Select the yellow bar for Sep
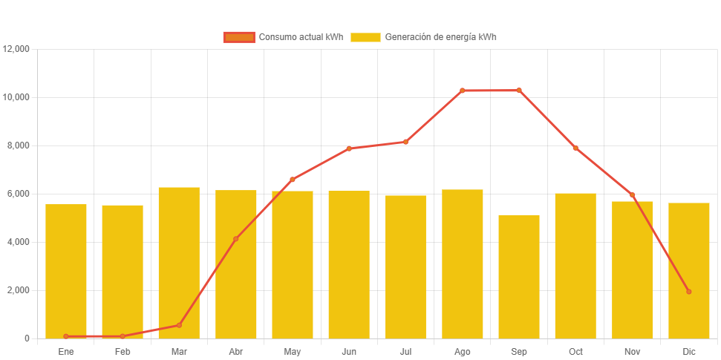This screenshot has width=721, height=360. pos(519,276)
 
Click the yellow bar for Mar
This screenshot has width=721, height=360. pos(179,263)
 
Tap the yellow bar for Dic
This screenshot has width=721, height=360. pos(689,270)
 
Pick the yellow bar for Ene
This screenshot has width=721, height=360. pos(66,271)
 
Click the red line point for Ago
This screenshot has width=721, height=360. pos(462,91)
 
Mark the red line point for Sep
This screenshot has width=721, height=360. pos(519,91)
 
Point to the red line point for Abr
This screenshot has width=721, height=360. pos(235,239)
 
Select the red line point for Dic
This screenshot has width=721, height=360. pos(689,292)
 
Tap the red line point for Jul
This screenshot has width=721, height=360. pos(405,142)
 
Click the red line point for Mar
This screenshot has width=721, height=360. pos(179,325)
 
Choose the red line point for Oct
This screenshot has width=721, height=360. pos(575,148)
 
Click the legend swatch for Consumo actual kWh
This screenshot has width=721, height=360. pos(239,37)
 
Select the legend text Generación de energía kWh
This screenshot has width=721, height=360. pos(440,37)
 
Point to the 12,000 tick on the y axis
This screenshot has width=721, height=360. pos(16,49)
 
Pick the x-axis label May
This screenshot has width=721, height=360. pos(293,351)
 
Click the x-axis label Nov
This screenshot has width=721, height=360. pos(632,351)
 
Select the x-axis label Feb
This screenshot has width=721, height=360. pos(123,351)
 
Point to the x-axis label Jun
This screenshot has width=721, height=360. pos(349,351)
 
